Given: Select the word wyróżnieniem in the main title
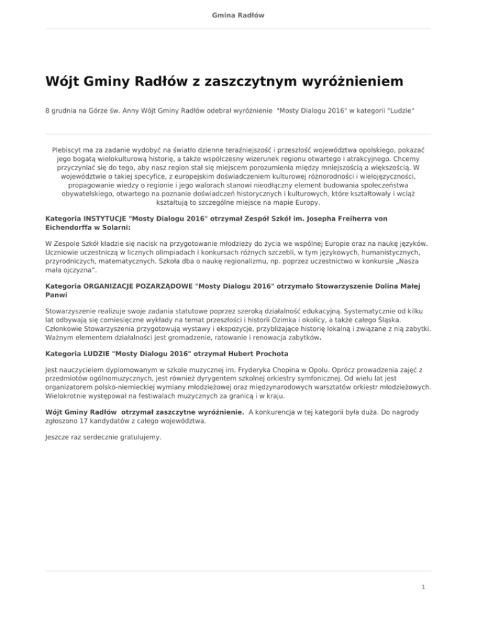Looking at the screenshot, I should pyautogui.click(x=335, y=81).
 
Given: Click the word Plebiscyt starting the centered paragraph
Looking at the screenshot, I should pyautogui.click(x=70, y=150).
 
